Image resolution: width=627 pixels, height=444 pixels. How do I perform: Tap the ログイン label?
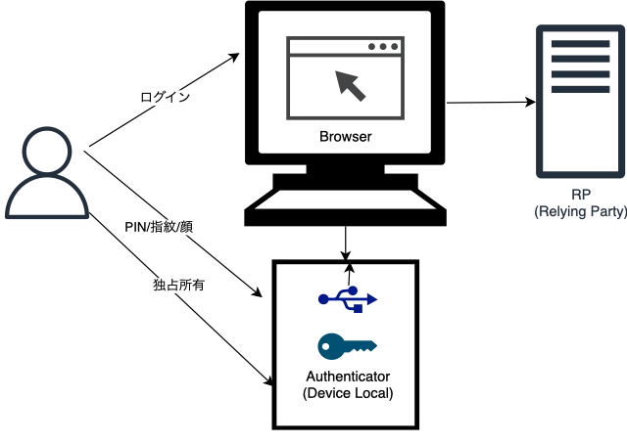165,97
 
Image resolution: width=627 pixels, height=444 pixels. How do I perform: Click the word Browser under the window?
346,136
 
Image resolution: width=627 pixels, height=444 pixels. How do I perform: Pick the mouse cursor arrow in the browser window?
351,85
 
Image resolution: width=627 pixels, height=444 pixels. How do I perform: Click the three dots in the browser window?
383,47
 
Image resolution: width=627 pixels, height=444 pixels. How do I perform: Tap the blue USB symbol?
347,299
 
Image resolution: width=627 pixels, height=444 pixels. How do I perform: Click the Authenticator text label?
347,377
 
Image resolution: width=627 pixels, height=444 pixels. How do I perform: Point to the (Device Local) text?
347,393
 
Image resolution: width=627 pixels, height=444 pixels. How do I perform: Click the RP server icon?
568,102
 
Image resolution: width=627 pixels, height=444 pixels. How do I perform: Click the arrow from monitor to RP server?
490,101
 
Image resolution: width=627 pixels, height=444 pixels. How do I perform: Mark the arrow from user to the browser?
162,103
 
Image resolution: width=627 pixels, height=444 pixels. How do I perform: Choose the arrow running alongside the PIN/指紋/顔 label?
176,221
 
